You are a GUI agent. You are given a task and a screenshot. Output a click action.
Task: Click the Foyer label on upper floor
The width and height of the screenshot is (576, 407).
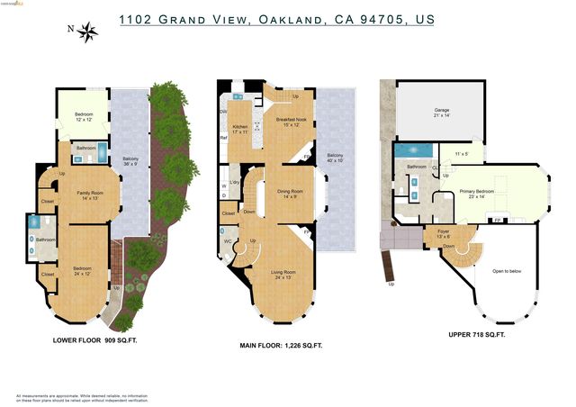(x=443, y=233)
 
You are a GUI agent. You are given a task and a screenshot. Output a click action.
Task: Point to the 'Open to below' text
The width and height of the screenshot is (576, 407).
(x=507, y=270)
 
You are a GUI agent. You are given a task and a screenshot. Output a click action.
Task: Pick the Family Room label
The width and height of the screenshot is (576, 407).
(x=87, y=195)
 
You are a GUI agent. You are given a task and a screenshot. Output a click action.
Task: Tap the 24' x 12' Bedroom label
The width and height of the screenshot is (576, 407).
(x=83, y=271)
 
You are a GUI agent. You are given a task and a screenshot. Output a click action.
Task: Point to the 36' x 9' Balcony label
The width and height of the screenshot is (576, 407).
(x=130, y=162)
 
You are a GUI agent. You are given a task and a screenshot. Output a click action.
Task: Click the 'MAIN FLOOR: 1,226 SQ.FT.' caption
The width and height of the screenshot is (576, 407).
(x=281, y=346)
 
